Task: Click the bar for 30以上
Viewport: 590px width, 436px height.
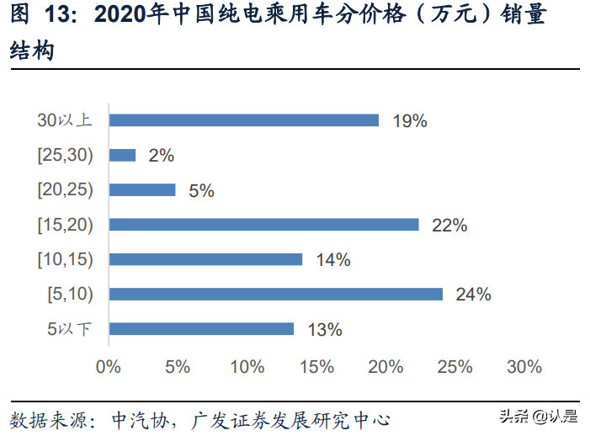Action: click(244, 120)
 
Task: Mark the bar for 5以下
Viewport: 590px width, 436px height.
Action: click(202, 329)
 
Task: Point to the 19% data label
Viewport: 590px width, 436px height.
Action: click(410, 121)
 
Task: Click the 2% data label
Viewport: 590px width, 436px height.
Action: click(161, 156)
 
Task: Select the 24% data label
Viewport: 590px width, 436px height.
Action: click(473, 295)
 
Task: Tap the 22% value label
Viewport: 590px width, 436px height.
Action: click(449, 226)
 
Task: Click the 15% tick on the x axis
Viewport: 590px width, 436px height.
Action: click(316, 368)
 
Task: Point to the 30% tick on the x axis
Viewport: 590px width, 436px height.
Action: click(524, 368)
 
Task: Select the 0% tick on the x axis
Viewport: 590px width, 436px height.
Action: click(109, 368)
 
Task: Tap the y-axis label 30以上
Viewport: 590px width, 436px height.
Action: click(65, 120)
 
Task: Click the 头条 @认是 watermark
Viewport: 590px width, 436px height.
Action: click(540, 416)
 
